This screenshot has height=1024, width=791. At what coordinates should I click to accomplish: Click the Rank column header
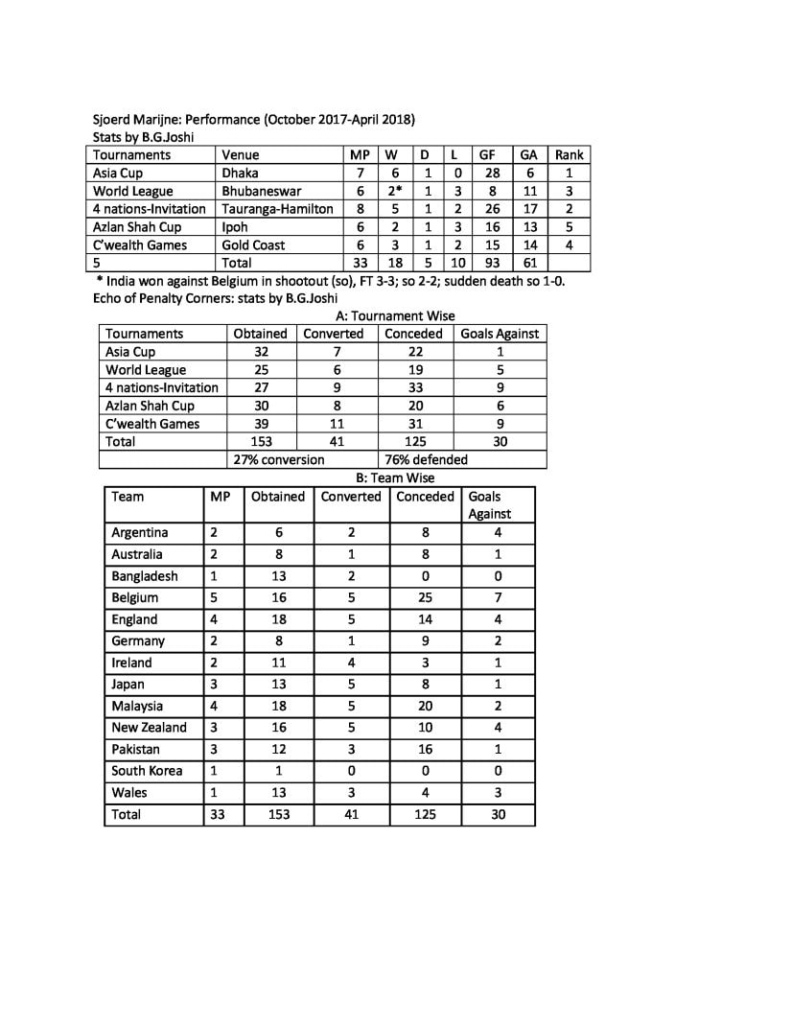pyautogui.click(x=569, y=154)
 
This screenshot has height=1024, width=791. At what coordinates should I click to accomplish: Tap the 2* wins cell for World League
pyautogui.click(x=392, y=191)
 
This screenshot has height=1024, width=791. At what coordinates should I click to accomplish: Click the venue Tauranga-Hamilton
pyautogui.click(x=277, y=209)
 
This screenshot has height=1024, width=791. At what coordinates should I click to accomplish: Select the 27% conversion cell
pyautogui.click(x=279, y=459)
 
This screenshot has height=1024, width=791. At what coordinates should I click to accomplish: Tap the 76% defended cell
pyautogui.click(x=426, y=459)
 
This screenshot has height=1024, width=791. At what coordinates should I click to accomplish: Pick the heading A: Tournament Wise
pyautogui.click(x=396, y=315)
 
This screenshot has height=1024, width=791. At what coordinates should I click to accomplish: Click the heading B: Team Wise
pyautogui.click(x=395, y=477)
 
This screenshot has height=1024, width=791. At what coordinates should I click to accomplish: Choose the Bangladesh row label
pyautogui.click(x=146, y=576)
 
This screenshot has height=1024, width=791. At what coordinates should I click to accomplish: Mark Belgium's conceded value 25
pyautogui.click(x=425, y=597)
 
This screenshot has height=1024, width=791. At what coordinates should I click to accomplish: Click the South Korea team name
pyautogui.click(x=147, y=771)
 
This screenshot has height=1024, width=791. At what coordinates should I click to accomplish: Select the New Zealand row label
pyautogui.click(x=149, y=728)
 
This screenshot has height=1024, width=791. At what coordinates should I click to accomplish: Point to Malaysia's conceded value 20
pyautogui.click(x=425, y=707)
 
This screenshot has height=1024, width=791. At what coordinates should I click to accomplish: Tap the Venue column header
pyautogui.click(x=241, y=154)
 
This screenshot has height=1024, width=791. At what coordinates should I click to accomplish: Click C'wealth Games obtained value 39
pyautogui.click(x=261, y=424)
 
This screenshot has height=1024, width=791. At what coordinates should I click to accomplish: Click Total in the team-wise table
pyautogui.click(x=126, y=814)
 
